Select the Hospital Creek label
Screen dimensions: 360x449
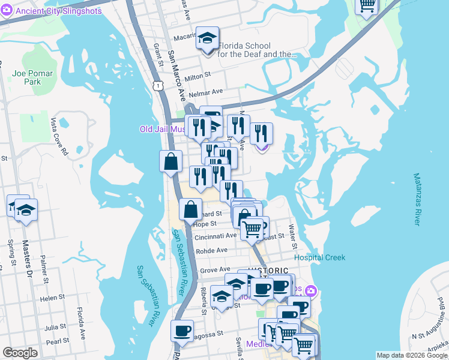[x=328, y=257]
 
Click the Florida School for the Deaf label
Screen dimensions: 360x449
[x=256, y=50]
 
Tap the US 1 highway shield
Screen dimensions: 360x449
[x=158, y=87]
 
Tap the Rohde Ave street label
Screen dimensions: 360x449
[x=211, y=250]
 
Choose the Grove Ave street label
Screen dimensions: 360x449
[x=215, y=270]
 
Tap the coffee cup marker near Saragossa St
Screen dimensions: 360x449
[x=182, y=331]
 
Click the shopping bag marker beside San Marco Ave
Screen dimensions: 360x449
[x=171, y=161]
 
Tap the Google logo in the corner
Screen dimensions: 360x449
[x=20, y=353]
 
